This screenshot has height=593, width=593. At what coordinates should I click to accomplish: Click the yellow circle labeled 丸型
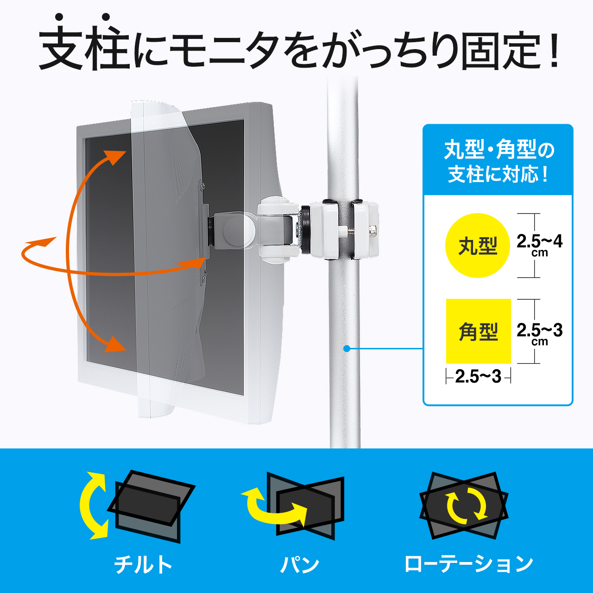[x=477, y=246]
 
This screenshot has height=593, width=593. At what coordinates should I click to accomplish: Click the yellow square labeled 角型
[x=479, y=331]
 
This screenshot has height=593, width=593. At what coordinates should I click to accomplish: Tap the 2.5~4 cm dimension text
[x=539, y=245]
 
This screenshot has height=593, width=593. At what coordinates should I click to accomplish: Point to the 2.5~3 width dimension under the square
[x=478, y=376]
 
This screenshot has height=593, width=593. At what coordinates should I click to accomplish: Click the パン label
[x=299, y=564]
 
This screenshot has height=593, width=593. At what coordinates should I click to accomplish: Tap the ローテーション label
[x=468, y=564]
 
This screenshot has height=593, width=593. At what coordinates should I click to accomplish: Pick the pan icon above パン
[x=292, y=506]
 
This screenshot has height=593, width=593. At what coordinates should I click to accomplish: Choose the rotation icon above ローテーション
[x=464, y=506]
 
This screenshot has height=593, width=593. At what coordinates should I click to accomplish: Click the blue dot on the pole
[x=347, y=349]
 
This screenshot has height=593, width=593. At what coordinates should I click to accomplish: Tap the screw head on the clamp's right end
[x=372, y=231]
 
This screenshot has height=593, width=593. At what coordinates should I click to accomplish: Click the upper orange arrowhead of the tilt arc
[x=114, y=157]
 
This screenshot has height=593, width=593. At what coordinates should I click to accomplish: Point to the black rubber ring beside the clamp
[x=306, y=229]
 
